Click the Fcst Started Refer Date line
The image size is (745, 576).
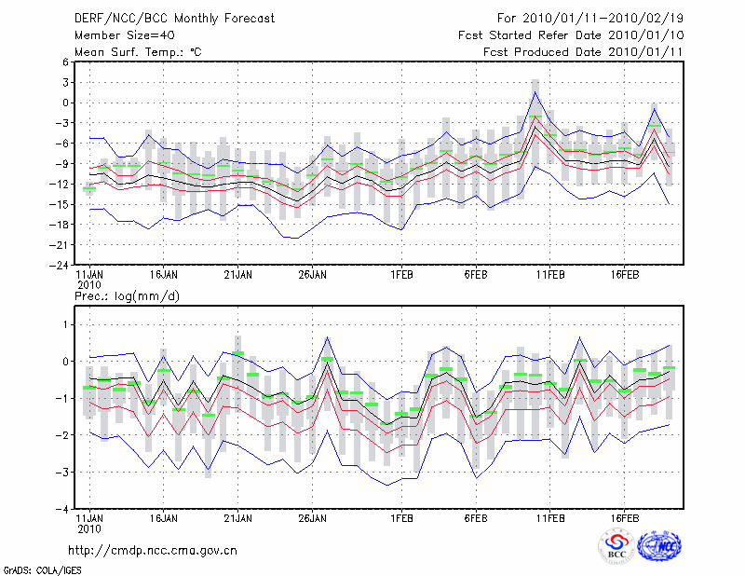point(572,34)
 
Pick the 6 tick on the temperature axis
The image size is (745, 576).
point(64,62)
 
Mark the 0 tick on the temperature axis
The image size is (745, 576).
point(64,103)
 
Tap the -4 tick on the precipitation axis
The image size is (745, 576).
point(61,510)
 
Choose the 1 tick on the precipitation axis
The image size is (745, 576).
point(64,324)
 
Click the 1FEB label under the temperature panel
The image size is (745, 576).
point(401,275)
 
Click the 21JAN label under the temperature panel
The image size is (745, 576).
point(237,275)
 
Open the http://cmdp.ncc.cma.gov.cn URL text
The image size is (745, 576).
point(154,550)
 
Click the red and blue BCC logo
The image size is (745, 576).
point(616,546)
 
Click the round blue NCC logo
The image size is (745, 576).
point(659,546)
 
